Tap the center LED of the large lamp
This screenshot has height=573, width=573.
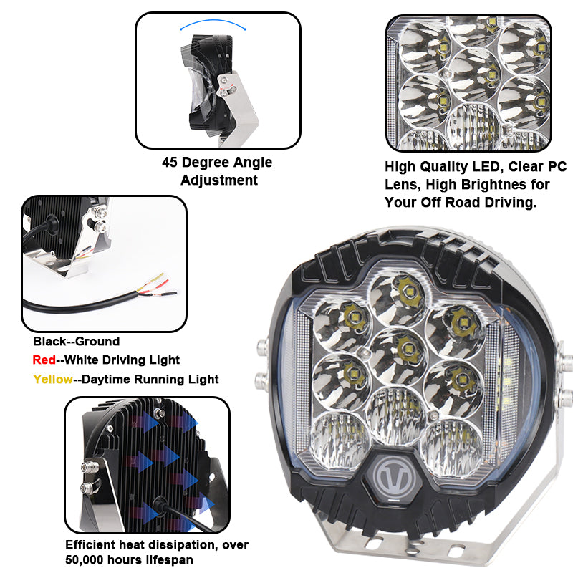(405, 350)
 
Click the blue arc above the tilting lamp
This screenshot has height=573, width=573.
(213, 24)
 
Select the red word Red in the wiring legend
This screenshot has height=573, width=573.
(44, 360)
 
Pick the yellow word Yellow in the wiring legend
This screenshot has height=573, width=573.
(53, 380)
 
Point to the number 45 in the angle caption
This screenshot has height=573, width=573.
(170, 162)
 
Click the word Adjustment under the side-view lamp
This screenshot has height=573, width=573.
(219, 180)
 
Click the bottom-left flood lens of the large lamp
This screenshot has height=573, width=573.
(340, 440)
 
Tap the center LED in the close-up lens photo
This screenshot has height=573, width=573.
(491, 76)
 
